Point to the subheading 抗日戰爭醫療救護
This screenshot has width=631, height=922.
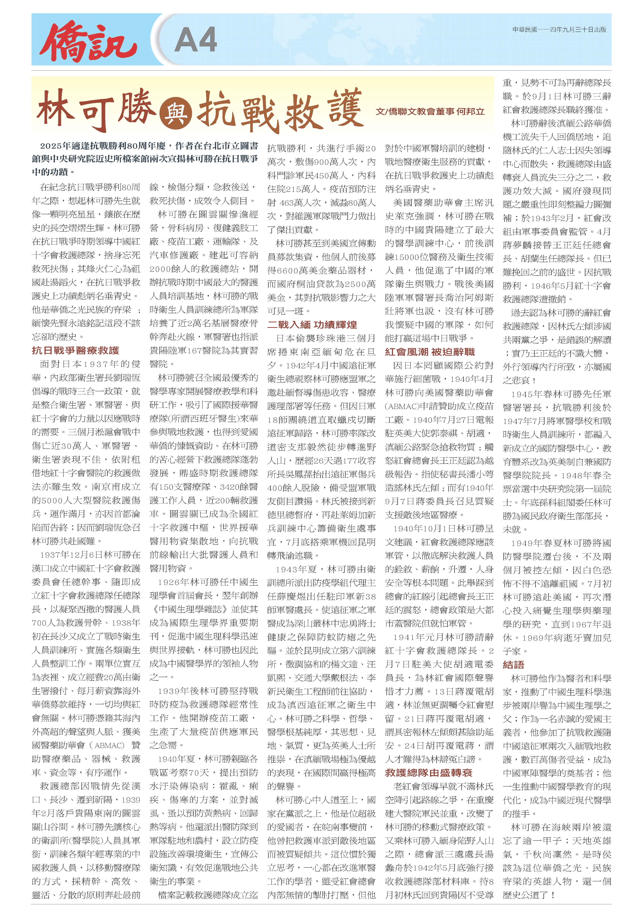coord(75,350)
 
